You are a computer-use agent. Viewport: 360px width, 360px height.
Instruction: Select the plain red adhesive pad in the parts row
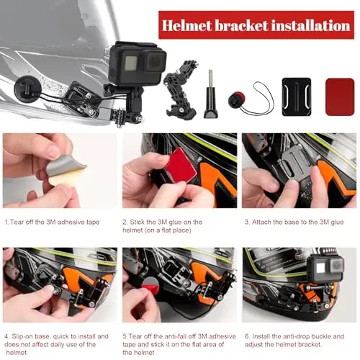[x=340, y=96]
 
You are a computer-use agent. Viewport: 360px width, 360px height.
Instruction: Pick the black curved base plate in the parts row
[x=297, y=96]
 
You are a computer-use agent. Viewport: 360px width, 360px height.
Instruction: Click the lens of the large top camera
[x=155, y=61]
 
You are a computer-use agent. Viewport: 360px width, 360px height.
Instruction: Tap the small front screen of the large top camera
[x=132, y=63]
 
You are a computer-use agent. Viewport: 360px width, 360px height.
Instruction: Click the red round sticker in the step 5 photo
[x=150, y=284]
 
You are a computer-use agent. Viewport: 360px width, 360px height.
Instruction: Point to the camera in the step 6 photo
[x=325, y=269]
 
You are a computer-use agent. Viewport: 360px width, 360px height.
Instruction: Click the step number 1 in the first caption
[x=6, y=222]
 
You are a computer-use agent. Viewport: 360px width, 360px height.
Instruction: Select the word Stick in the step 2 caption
[x=138, y=222]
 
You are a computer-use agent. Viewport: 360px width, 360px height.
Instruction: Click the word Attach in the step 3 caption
[x=261, y=222]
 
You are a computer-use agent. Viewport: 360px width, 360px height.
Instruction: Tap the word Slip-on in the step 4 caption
[x=23, y=336]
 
